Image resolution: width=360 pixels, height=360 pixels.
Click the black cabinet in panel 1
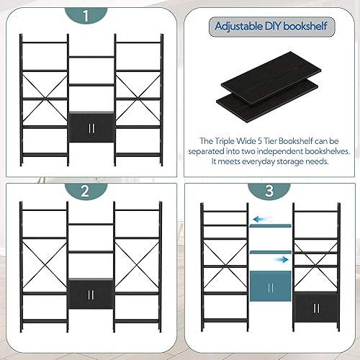point(91,127)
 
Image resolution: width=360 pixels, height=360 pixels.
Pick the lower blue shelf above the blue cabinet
point(269,250)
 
